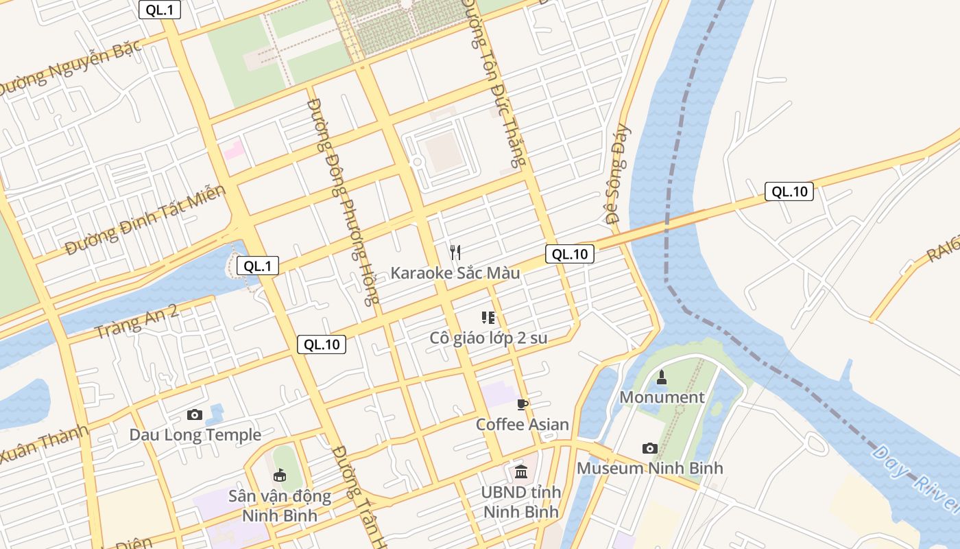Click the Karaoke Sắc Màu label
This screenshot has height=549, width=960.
click(455, 272)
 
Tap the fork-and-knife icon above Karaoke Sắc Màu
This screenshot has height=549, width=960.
click(455, 252)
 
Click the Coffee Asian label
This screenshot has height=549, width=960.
click(523, 424)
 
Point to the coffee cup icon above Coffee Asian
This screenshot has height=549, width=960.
click(523, 404)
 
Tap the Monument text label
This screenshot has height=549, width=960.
click(662, 397)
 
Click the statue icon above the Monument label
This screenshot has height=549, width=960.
click(662, 377)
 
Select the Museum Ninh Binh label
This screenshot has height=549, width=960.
click(649, 468)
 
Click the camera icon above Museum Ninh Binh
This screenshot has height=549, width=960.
click(649, 448)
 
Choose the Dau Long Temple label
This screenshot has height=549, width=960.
click(195, 434)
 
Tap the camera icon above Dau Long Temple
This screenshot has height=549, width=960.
click(195, 414)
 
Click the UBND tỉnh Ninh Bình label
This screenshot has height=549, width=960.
click(520, 502)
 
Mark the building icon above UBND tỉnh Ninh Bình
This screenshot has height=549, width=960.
click(521, 472)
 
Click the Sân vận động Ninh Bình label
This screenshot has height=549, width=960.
click(280, 505)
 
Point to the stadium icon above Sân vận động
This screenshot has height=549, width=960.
click(280, 475)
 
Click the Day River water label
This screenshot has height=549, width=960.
click(916, 480)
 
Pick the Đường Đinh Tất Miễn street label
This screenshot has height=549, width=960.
click(145, 220)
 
